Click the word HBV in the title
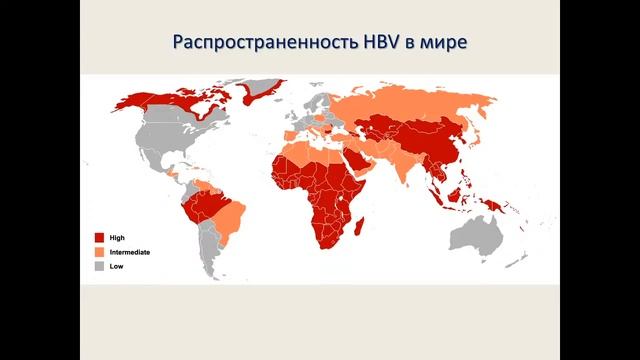(x=390, y=43)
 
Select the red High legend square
(x=99, y=237)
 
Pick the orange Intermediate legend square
(x=99, y=252)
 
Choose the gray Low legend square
(x=99, y=267)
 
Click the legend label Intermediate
(x=130, y=252)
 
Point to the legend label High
(x=117, y=237)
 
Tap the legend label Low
(x=116, y=267)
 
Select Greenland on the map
(x=263, y=92)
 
